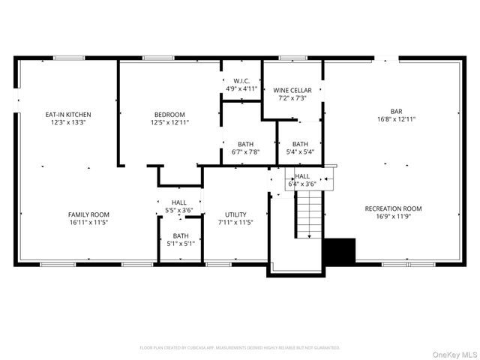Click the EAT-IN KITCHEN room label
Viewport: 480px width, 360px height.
coord(68,114)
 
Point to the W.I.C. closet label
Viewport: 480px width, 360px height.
coord(241,81)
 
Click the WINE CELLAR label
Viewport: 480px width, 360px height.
coord(292,89)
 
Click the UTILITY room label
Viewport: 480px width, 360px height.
coord(235,214)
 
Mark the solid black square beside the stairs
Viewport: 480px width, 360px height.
coord(338,250)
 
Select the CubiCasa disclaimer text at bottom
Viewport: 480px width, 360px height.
coord(240,347)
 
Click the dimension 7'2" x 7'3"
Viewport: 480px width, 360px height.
coord(292,97)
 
